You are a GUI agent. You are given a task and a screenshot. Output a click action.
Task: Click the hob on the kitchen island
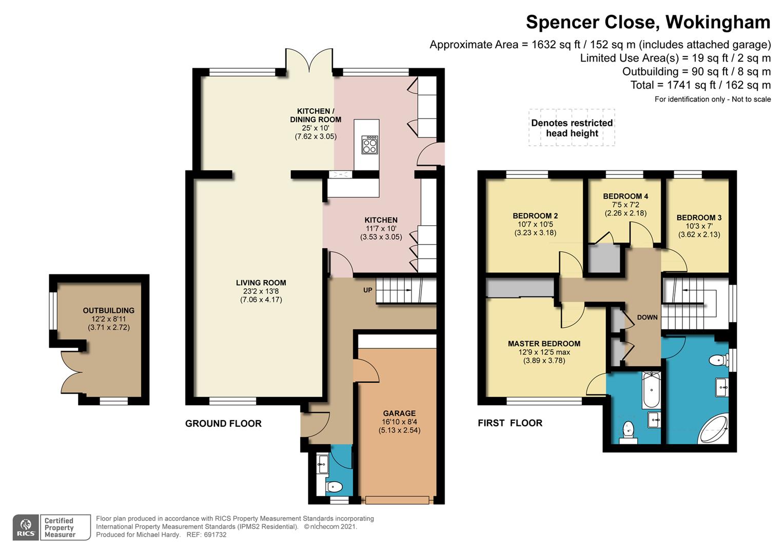370,145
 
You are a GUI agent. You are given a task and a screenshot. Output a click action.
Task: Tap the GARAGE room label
399,413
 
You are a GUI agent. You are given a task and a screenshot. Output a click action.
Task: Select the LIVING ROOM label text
261,283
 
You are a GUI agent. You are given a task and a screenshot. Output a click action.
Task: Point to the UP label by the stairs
367,290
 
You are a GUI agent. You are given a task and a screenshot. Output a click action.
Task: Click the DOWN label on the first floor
647,318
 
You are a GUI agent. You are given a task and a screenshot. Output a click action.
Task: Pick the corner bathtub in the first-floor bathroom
714,429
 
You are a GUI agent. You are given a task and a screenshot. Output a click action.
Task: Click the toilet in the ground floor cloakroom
334,487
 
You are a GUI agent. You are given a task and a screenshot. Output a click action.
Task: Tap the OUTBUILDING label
108,310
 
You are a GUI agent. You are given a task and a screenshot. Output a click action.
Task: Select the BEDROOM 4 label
625,196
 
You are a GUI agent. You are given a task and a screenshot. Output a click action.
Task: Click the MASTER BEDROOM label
544,344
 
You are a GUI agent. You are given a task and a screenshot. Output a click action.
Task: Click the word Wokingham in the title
718,22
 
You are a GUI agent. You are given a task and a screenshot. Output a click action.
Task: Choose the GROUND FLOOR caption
223,424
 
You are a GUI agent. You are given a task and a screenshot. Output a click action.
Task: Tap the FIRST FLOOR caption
510,423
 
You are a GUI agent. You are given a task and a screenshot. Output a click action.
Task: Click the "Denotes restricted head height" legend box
572,128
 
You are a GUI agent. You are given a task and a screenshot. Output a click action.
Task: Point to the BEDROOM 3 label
699,217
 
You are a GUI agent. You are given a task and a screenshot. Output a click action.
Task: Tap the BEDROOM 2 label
535,216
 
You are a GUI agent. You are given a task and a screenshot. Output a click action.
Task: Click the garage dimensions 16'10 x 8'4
399,422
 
